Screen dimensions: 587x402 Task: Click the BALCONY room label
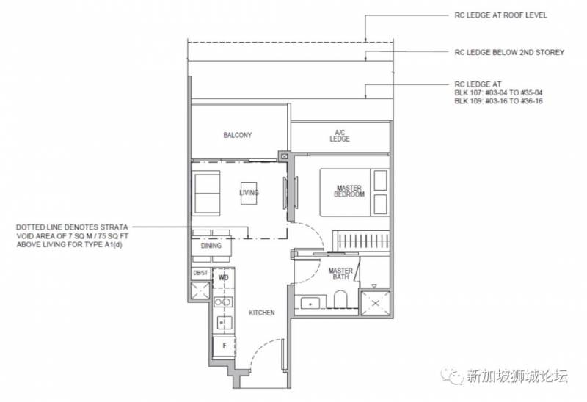point(237,135)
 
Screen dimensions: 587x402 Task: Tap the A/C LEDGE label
point(340,136)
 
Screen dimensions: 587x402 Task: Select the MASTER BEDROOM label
point(349,191)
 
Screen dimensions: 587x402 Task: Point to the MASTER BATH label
point(340,274)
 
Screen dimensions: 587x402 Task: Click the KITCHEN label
point(262,313)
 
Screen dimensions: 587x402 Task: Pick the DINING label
point(211,246)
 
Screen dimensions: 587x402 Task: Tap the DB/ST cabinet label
point(200,273)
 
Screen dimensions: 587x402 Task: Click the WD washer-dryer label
point(224,278)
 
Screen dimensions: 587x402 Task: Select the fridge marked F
point(225,346)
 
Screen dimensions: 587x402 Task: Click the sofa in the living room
point(205,193)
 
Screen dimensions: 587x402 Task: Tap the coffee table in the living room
point(249,193)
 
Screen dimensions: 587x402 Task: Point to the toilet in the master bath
point(340,299)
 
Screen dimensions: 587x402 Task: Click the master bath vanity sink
point(310,302)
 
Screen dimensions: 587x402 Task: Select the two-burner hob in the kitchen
point(223,302)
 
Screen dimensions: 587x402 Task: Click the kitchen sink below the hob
point(225,322)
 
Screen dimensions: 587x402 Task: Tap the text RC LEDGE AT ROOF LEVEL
point(501,15)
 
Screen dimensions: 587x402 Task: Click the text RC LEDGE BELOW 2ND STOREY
point(509,52)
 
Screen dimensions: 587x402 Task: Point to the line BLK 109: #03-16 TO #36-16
point(498,101)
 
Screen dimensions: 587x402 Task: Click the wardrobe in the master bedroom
point(361,241)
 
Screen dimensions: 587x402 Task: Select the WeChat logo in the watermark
point(451,375)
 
